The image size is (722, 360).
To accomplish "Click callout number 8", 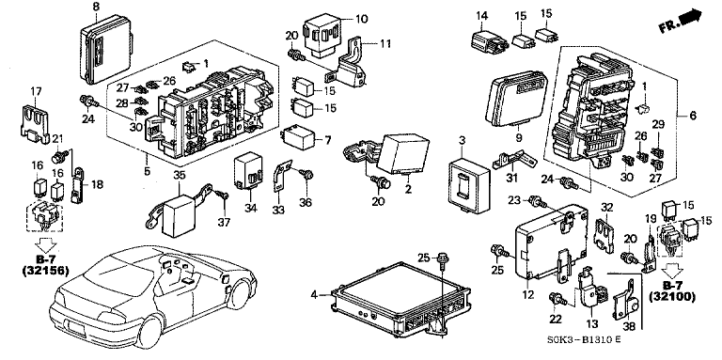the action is click(95, 7).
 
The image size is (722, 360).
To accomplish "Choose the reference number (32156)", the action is click(45, 271).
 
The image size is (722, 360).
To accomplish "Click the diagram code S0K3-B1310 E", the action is click(584, 341).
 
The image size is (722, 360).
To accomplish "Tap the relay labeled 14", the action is click(488, 39).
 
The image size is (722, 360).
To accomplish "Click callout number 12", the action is click(528, 293).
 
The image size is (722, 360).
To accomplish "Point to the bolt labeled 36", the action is click(306, 174).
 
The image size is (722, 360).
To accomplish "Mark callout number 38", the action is click(629, 326).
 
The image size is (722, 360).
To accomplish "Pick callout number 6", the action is click(694, 116).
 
